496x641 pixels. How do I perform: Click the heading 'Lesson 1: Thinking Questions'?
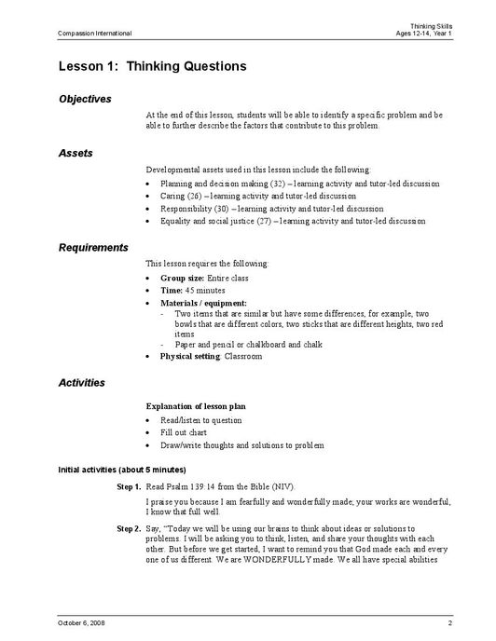152,66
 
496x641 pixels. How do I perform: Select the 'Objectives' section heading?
85,99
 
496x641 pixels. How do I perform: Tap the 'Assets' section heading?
76,153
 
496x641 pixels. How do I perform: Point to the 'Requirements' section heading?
93,248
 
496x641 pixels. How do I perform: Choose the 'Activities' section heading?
81,383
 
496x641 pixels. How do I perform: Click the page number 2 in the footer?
449,622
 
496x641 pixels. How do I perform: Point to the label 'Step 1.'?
129,487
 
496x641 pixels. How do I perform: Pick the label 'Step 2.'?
129,528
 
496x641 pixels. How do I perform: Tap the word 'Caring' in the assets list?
172,197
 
